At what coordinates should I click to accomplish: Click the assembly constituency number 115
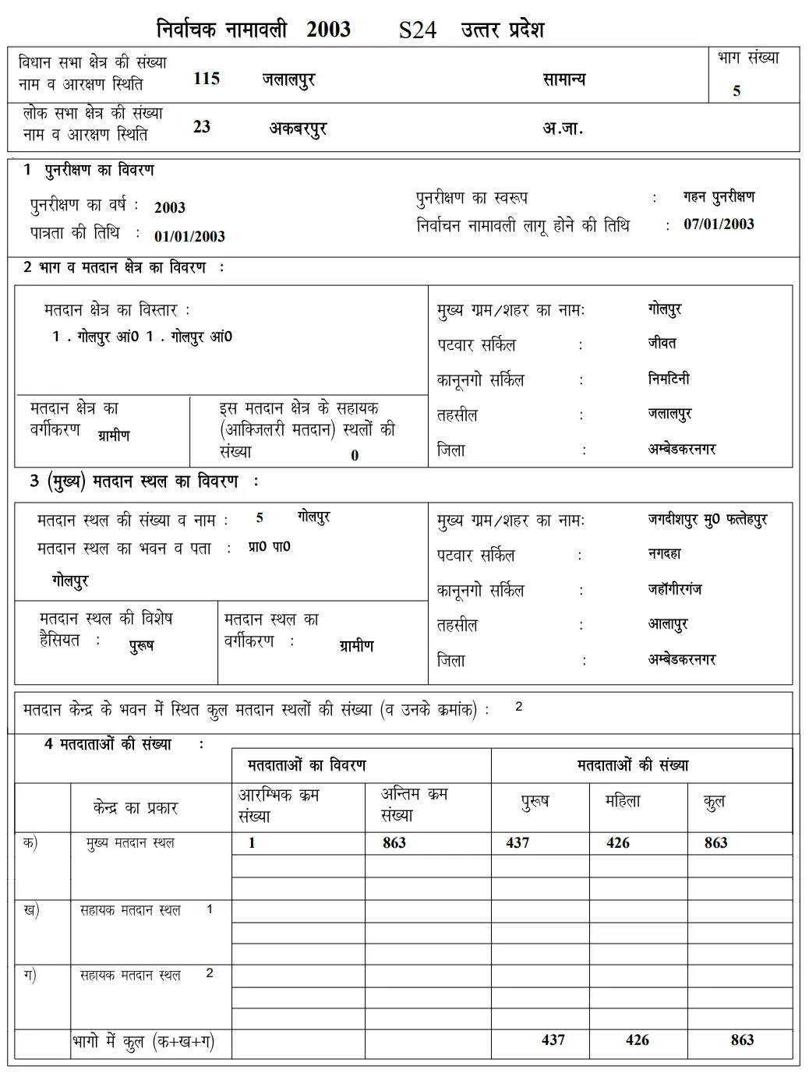pyautogui.click(x=207, y=79)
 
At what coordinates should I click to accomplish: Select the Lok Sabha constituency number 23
pyautogui.click(x=202, y=127)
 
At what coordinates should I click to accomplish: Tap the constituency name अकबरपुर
pyautogui.click(x=298, y=128)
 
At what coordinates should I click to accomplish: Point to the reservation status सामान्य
pyautogui.click(x=563, y=79)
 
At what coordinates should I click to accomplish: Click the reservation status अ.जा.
pyautogui.click(x=562, y=128)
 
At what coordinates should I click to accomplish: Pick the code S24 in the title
pyautogui.click(x=417, y=30)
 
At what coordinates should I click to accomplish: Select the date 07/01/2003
pyautogui.click(x=719, y=224)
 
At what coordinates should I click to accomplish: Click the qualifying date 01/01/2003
pyautogui.click(x=189, y=236)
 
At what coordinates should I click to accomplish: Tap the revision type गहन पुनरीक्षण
pyautogui.click(x=718, y=197)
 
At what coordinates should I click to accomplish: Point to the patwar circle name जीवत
pyautogui.click(x=662, y=343)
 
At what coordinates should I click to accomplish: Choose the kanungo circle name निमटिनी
pyautogui.click(x=669, y=379)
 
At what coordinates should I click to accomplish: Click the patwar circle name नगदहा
pyautogui.click(x=664, y=554)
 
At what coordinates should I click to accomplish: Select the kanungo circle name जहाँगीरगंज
pyautogui.click(x=674, y=589)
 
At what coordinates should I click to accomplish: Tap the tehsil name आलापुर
pyautogui.click(x=668, y=624)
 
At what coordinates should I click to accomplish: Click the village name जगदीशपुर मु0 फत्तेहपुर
pyautogui.click(x=707, y=519)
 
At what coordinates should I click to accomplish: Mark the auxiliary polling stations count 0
pyautogui.click(x=355, y=456)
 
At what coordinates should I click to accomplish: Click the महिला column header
pyautogui.click(x=622, y=801)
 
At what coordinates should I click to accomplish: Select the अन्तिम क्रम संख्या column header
pyautogui.click(x=414, y=805)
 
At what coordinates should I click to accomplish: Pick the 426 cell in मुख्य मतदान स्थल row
pyautogui.click(x=618, y=842)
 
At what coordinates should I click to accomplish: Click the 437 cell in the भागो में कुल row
pyautogui.click(x=553, y=1039)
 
